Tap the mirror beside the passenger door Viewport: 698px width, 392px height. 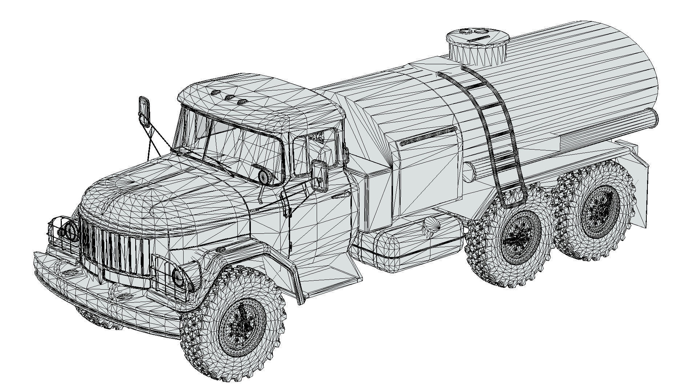point(320,176)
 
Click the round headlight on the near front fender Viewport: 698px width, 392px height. point(180,277)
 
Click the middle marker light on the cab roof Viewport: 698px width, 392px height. point(229,97)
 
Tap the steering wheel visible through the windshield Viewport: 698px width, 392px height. point(264,176)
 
